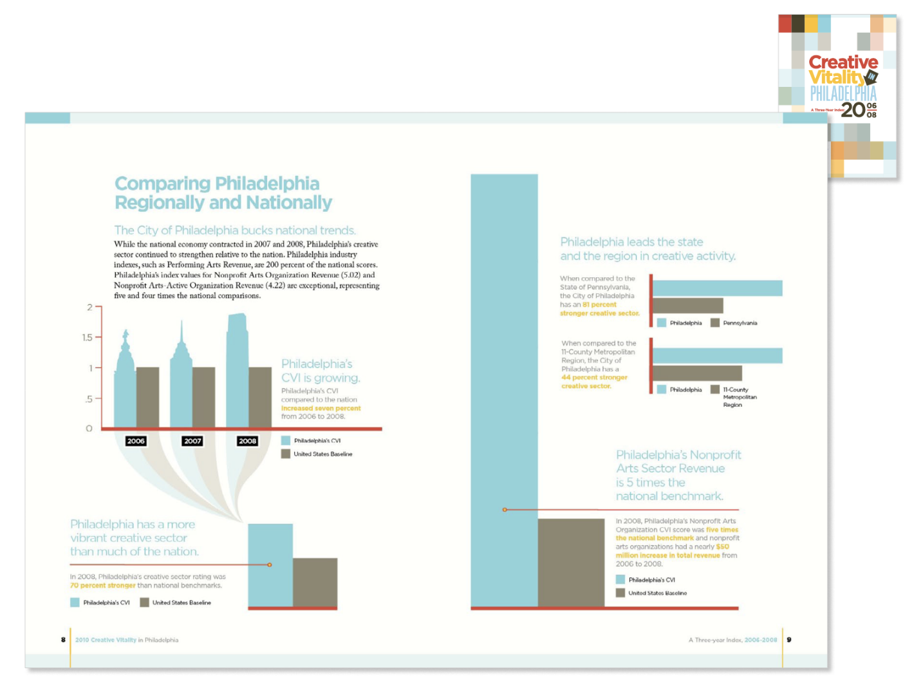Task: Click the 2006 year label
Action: coord(136,441)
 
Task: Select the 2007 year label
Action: coord(192,441)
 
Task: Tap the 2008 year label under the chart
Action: coord(248,441)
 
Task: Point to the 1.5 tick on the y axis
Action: coord(88,337)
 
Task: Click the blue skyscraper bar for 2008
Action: coord(237,373)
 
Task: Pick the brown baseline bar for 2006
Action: coord(147,396)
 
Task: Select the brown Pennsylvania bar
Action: coord(687,305)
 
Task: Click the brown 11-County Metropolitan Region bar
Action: coord(697,373)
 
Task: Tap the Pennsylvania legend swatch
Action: coord(714,322)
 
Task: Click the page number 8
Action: coord(63,640)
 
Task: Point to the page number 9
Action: coord(789,640)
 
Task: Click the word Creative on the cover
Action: coord(843,62)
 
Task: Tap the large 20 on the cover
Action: coord(853,109)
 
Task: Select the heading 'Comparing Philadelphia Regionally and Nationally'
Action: coord(223,193)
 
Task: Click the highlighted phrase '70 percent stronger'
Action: coord(103,586)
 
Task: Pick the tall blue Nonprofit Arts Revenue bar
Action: coord(504,386)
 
